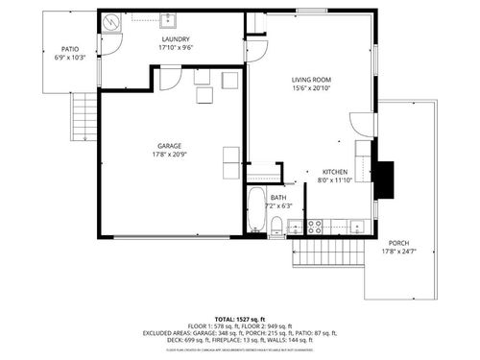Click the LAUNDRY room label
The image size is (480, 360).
176,38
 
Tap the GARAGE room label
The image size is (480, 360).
170,146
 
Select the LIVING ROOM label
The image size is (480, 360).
311,81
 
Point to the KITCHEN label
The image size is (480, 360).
334,172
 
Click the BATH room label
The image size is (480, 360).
277,198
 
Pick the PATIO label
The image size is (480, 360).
71,49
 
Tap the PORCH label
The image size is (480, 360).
397,244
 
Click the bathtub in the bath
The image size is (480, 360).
255,211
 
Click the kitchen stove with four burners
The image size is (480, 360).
314,227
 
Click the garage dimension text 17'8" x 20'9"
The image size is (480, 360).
170,155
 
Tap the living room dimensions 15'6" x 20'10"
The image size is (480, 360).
311,89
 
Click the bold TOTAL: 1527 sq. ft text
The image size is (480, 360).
240,318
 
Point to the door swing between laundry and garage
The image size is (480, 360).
169,77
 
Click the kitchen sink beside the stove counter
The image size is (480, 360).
354,227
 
